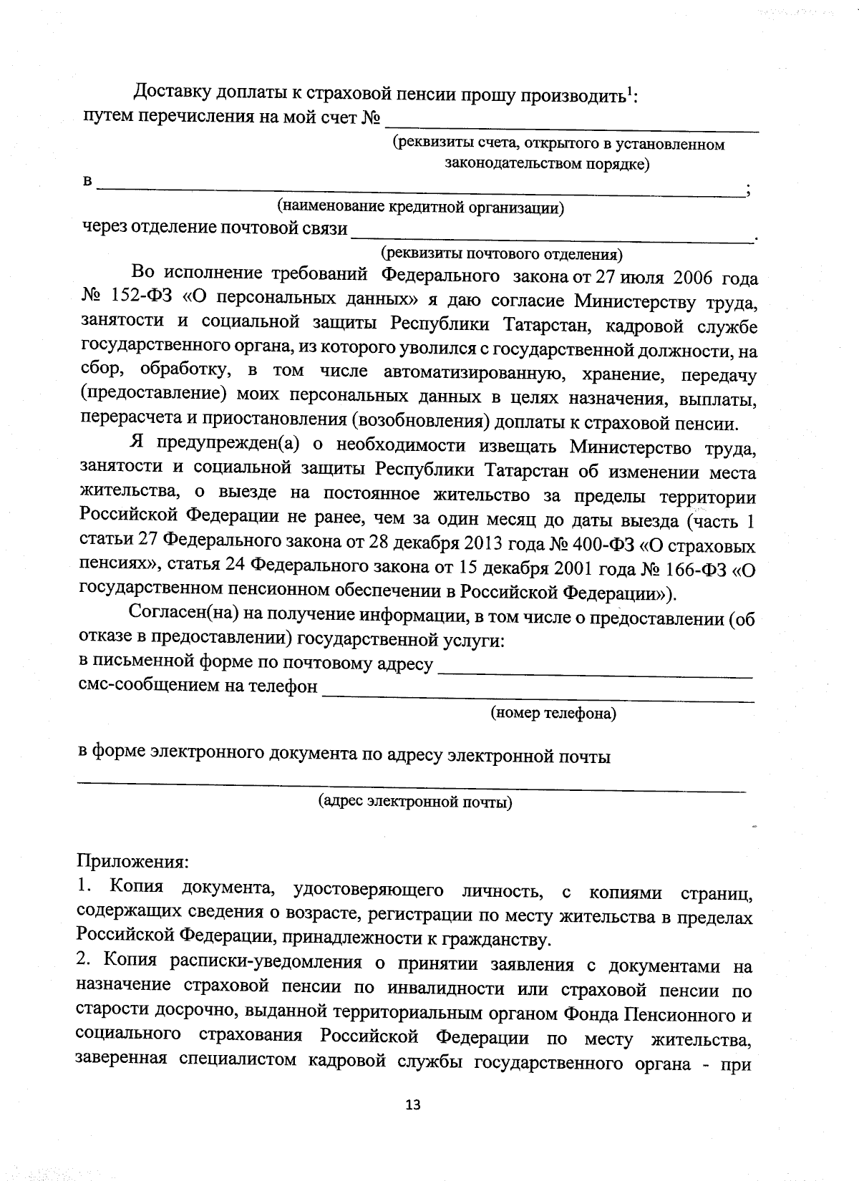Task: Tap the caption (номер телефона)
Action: click(553, 713)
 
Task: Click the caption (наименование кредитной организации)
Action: click(421, 208)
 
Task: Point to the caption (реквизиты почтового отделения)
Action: click(501, 254)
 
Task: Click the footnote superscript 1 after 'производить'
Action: click(630, 90)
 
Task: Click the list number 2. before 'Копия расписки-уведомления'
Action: click(84, 962)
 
